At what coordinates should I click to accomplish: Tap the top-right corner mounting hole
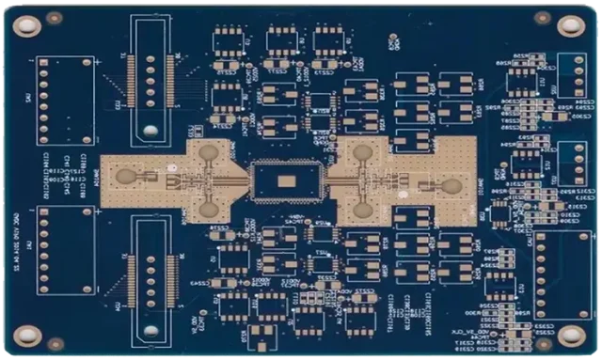tap(571, 25)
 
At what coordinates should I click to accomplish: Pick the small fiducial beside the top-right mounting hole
tap(543, 18)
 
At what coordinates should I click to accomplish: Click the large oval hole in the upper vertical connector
tap(150, 128)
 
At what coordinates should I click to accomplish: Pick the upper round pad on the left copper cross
tap(208, 151)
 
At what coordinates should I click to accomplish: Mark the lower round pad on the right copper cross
tap(362, 210)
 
